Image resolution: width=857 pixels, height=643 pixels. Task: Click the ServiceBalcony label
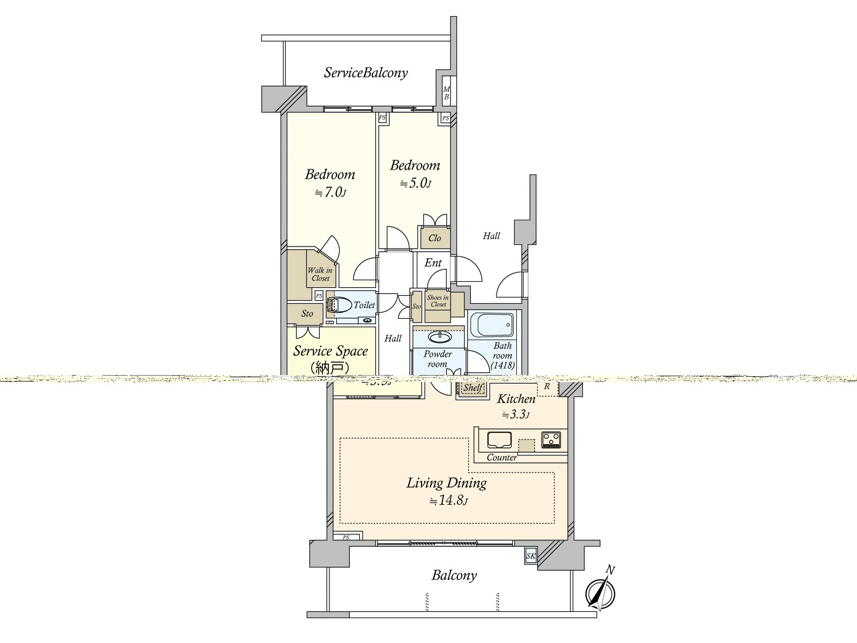tap(366, 73)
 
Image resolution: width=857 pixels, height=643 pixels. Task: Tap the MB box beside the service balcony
tap(446, 93)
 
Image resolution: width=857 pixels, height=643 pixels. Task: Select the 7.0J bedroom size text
tap(330, 192)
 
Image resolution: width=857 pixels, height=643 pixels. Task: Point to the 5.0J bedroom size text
tap(415, 183)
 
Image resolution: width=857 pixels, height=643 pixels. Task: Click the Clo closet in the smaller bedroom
tap(434, 238)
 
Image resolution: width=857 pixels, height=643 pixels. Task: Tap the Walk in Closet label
tap(320, 274)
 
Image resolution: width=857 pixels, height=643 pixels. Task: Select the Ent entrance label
tap(433, 263)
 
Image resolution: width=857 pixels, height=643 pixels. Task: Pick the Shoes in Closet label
tap(438, 301)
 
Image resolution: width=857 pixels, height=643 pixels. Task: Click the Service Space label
tap(330, 352)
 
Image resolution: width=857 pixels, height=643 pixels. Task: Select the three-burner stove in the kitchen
tap(551, 439)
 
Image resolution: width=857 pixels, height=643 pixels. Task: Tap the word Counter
tap(502, 458)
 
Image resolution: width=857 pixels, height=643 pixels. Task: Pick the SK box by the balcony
tap(530, 556)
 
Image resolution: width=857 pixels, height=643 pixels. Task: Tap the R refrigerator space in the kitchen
tap(547, 386)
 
